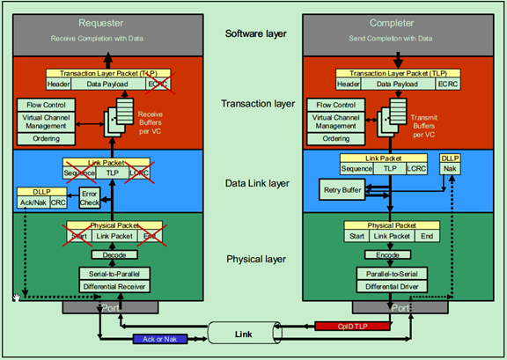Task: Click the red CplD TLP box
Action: tap(339, 327)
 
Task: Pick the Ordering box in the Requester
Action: tap(46, 138)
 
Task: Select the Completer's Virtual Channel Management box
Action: tap(331, 121)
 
